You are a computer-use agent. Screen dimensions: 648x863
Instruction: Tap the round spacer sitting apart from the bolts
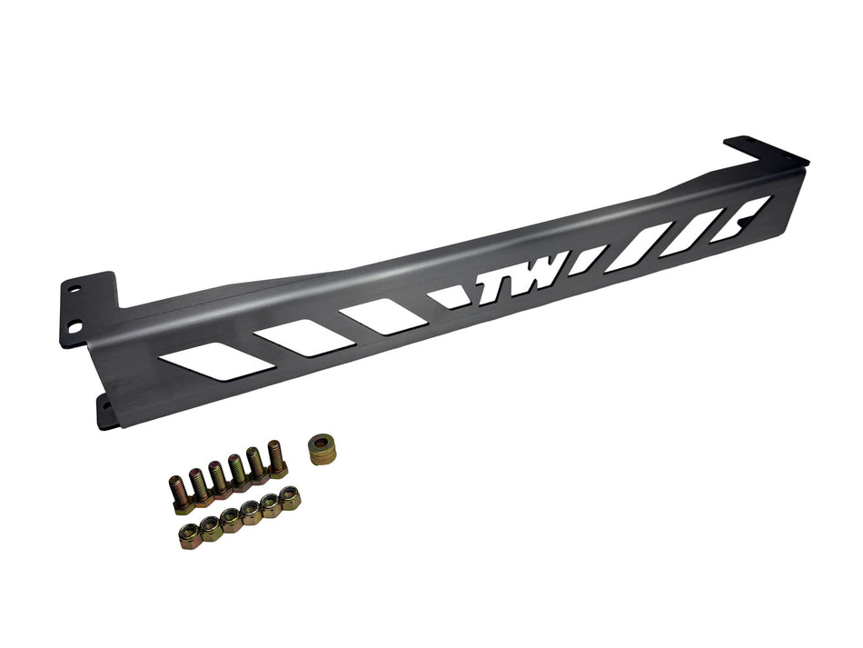(322, 449)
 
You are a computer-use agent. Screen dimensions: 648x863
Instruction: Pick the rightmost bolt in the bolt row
(276, 459)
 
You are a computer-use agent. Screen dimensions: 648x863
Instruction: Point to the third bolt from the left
(219, 479)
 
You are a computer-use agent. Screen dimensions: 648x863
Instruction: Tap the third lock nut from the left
(231, 517)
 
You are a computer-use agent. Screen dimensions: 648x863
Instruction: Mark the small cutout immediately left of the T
(448, 296)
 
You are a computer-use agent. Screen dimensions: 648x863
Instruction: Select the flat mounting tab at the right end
(753, 149)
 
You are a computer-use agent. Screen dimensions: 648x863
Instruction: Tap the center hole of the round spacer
(322, 444)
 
